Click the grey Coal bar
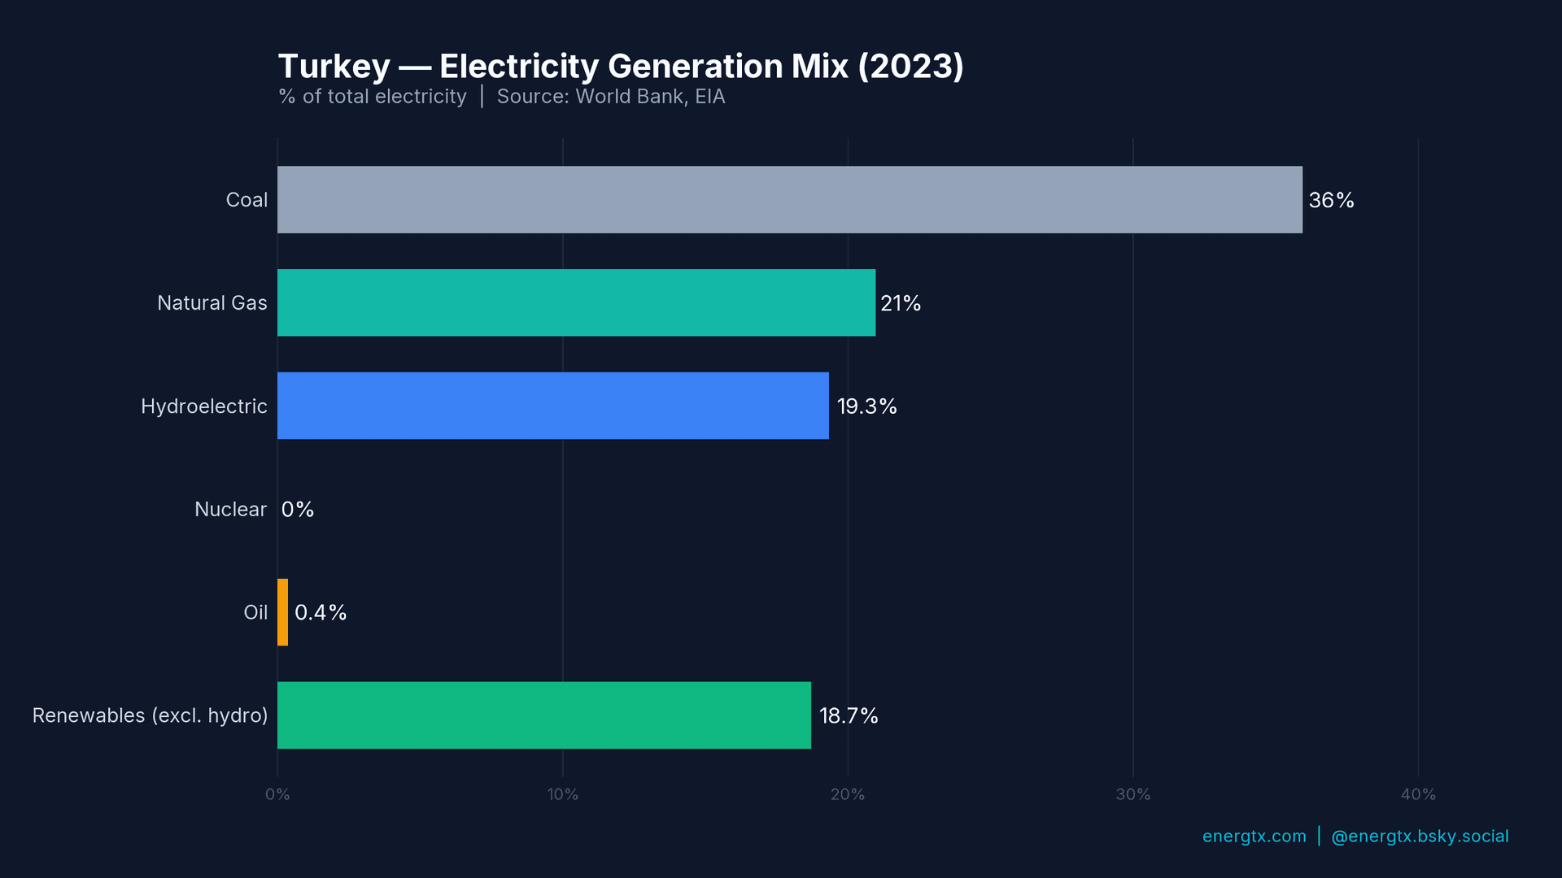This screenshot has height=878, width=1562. click(789, 200)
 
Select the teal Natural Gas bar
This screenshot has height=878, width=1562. click(576, 302)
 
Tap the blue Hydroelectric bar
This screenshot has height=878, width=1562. click(553, 406)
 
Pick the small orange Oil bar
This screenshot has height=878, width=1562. click(282, 612)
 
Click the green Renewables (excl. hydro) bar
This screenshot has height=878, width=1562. click(543, 715)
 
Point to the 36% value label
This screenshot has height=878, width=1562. click(1331, 200)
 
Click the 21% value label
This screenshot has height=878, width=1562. click(901, 303)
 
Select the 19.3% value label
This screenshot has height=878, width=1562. click(866, 406)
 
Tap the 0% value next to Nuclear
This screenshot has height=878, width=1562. click(298, 510)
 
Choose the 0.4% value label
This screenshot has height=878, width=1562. click(321, 613)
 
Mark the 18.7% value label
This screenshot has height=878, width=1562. click(849, 716)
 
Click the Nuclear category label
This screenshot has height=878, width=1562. click(230, 510)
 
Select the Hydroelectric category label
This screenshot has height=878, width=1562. click(203, 406)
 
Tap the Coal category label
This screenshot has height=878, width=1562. click(247, 200)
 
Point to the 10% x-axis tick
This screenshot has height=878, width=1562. click(562, 794)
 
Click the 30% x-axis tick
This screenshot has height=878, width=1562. click(1132, 794)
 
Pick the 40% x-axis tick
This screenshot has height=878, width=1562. click(1418, 794)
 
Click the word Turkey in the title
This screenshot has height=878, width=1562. click(334, 67)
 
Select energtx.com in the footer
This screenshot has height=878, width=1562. click(1254, 837)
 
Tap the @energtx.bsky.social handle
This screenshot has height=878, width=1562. click(1420, 837)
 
